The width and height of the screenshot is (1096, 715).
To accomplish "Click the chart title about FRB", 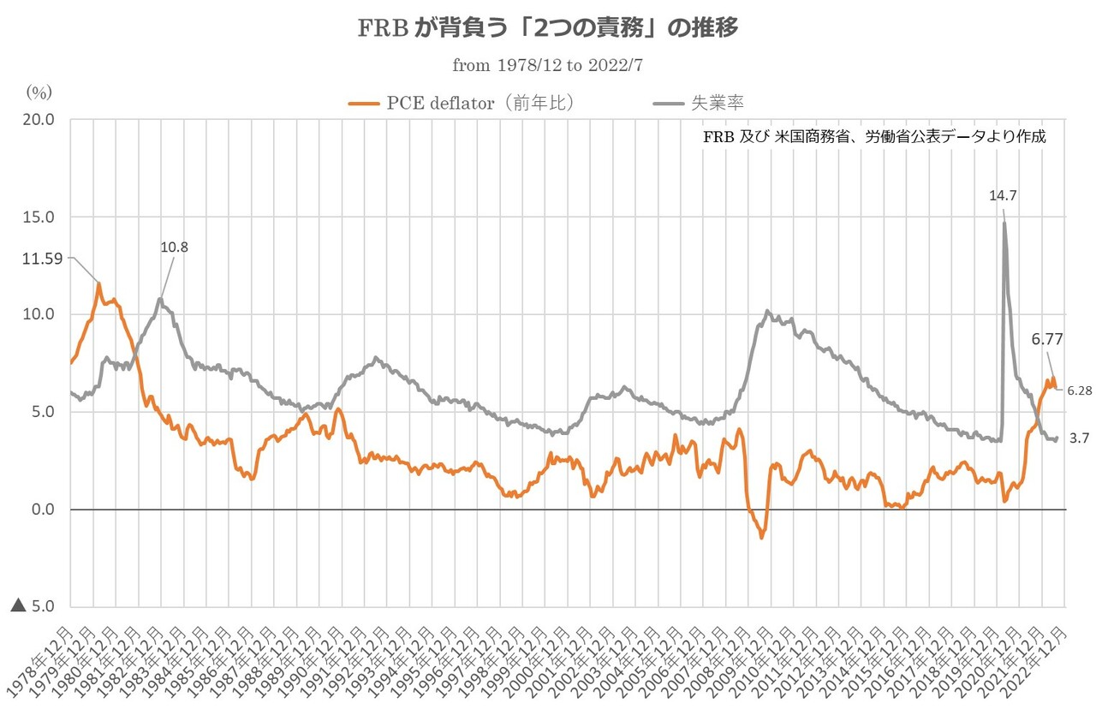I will [547, 27].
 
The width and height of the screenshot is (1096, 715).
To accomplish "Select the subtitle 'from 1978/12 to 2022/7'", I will [547, 63].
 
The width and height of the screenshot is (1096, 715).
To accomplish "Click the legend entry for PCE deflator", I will [462, 103].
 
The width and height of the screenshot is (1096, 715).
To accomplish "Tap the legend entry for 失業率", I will [699, 103].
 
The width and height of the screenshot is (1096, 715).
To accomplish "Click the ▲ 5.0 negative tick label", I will [33, 606].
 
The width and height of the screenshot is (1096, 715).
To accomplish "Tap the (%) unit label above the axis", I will [39, 92].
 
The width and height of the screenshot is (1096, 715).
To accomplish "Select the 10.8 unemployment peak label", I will [174, 247].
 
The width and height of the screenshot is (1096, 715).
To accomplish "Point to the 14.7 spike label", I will [1003, 195].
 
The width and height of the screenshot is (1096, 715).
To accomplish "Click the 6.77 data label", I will [1047, 339].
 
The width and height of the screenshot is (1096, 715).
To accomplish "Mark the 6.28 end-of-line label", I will [1080, 390].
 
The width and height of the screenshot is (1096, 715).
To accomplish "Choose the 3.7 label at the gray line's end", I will [1079, 437].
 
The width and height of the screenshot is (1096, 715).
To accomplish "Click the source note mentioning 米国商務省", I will [874, 136].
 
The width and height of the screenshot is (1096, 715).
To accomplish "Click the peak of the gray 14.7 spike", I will [1004, 223].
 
